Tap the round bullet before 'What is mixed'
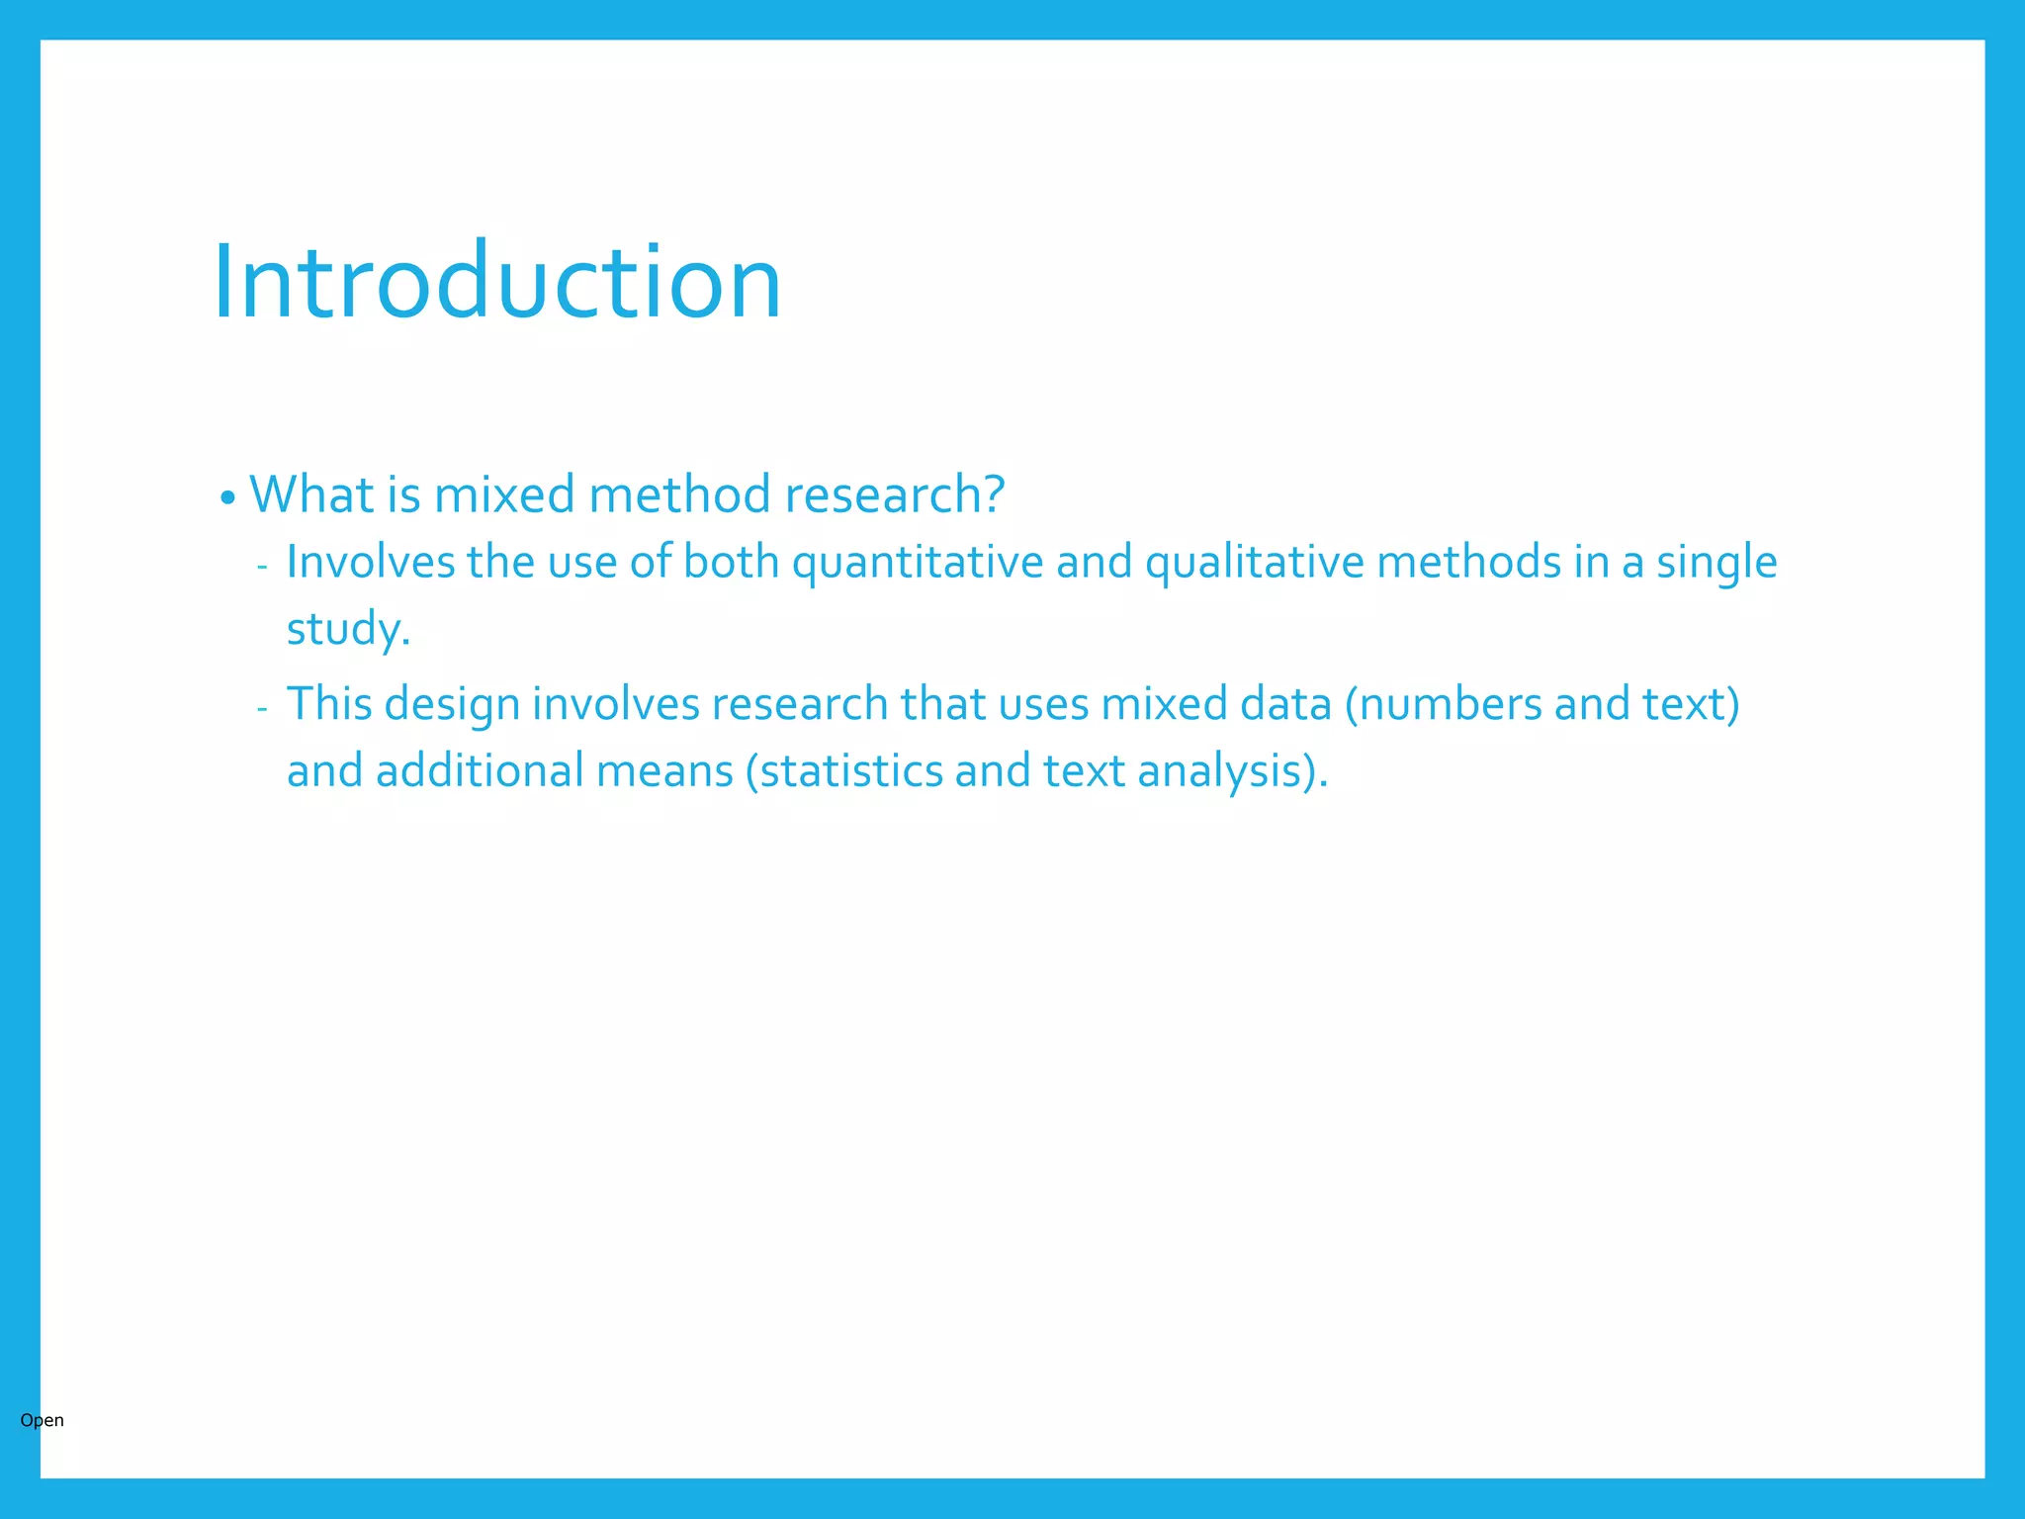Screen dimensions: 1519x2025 pyautogui.click(x=227, y=497)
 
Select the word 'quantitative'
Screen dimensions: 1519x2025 pyautogui.click(x=918, y=563)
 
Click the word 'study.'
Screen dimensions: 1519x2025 pyautogui.click(x=348, y=629)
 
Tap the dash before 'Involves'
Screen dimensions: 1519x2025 pyautogui.click(x=262, y=567)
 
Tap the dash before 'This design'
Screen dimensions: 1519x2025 pyautogui.click(x=262, y=709)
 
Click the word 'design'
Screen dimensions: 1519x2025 pyautogui.click(x=452, y=705)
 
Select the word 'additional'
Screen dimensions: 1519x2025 pyautogui.click(x=480, y=771)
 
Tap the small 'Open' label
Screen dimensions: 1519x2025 pyautogui.click(x=42, y=1420)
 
